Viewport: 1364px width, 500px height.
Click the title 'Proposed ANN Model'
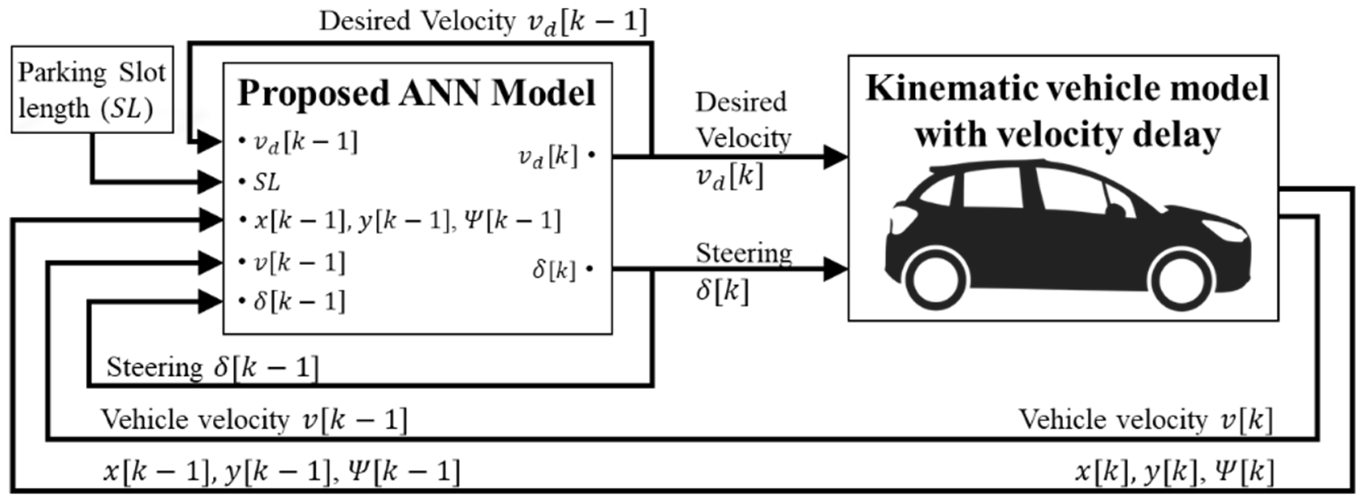[417, 93]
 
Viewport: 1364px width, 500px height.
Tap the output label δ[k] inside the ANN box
[554, 270]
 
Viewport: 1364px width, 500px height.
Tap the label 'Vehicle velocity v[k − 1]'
[254, 420]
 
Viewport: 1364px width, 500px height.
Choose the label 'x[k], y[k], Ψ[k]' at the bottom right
[1175, 471]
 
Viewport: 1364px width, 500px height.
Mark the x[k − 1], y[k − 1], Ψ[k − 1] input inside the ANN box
[407, 221]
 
